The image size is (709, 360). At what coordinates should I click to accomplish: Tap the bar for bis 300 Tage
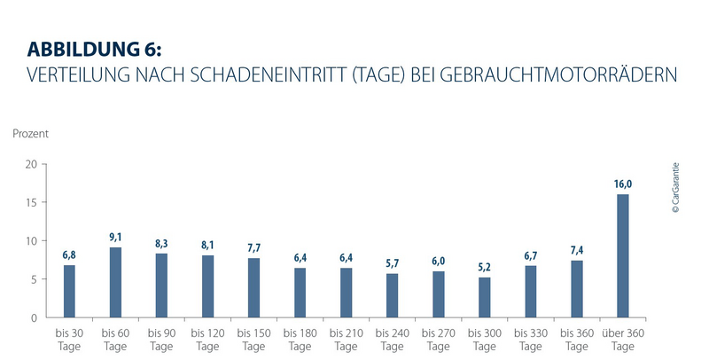click(484, 297)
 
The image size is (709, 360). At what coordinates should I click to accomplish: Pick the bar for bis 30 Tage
click(69, 291)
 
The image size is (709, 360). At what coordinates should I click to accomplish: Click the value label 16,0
click(622, 184)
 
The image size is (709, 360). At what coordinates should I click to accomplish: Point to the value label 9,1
click(115, 238)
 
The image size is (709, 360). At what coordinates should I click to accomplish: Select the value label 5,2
click(484, 268)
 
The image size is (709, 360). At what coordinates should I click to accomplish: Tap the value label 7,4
click(576, 251)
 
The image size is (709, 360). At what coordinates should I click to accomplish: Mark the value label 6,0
click(438, 262)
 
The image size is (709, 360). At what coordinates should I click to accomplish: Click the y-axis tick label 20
click(31, 164)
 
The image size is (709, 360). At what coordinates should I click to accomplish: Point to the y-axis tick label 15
click(31, 202)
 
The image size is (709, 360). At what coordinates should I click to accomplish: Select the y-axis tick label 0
click(34, 317)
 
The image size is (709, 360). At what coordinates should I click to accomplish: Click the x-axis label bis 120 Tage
click(207, 338)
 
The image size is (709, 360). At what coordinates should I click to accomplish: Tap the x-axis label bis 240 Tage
click(392, 338)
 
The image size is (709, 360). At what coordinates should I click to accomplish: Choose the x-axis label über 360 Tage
click(622, 338)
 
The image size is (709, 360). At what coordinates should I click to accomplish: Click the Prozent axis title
click(30, 134)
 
